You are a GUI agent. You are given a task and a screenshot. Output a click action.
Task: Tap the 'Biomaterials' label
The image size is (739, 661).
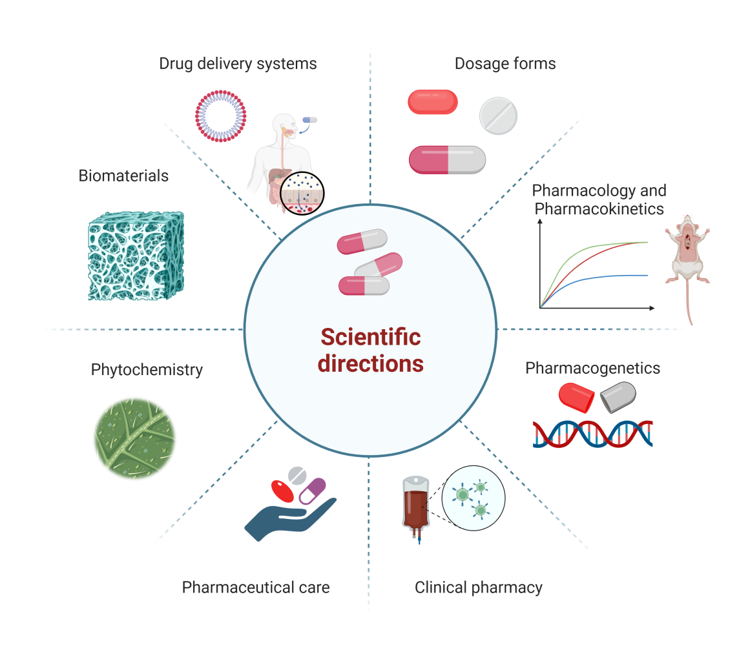(123, 176)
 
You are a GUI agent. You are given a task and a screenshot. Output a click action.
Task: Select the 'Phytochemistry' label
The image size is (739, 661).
(147, 370)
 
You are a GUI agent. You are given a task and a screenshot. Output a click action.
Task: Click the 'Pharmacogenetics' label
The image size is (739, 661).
(592, 368)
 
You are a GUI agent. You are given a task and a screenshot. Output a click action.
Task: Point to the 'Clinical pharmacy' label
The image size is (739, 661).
(478, 587)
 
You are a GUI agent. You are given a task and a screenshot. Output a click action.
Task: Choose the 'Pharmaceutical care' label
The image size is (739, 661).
(256, 587)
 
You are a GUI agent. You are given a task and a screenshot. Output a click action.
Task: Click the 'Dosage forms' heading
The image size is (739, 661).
(505, 63)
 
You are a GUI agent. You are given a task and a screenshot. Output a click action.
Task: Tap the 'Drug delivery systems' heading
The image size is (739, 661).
(238, 63)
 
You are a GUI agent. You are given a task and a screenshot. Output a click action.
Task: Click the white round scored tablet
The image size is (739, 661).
(498, 116)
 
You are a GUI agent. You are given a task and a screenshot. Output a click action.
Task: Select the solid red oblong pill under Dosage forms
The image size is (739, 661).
(433, 102)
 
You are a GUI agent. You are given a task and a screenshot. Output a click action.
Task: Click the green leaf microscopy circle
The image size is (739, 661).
(134, 438)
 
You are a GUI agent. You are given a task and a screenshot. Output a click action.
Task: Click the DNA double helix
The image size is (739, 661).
(592, 433)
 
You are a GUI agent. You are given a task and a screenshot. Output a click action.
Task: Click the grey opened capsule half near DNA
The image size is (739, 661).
(618, 396)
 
